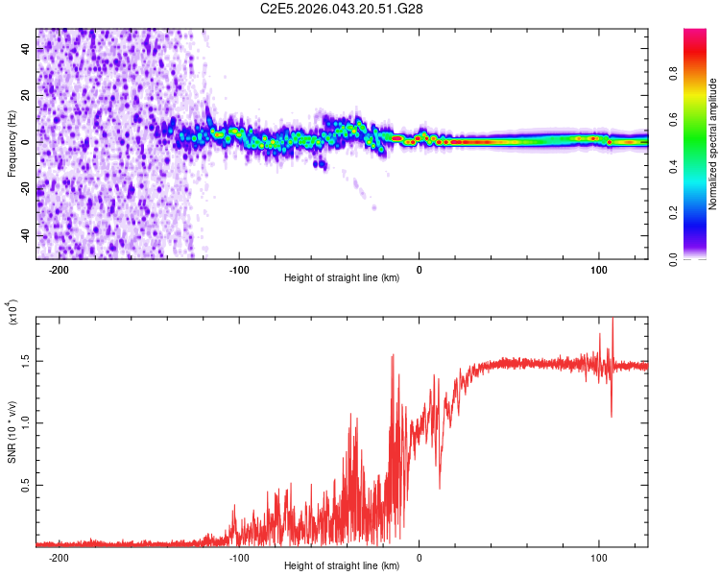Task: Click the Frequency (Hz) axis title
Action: click(x=12, y=145)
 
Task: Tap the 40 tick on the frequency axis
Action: click(x=24, y=48)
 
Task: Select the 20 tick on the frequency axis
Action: click(x=24, y=95)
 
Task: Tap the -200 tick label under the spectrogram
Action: click(x=59, y=270)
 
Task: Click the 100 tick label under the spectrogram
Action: click(x=598, y=270)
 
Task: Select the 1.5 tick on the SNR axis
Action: click(x=25, y=360)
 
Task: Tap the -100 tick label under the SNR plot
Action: click(x=239, y=557)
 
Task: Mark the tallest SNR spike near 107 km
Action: click(x=612, y=321)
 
